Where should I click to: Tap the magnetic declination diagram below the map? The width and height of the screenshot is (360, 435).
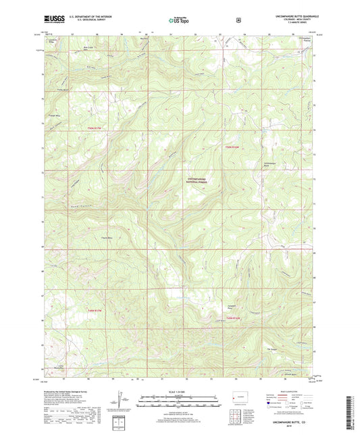122,402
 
